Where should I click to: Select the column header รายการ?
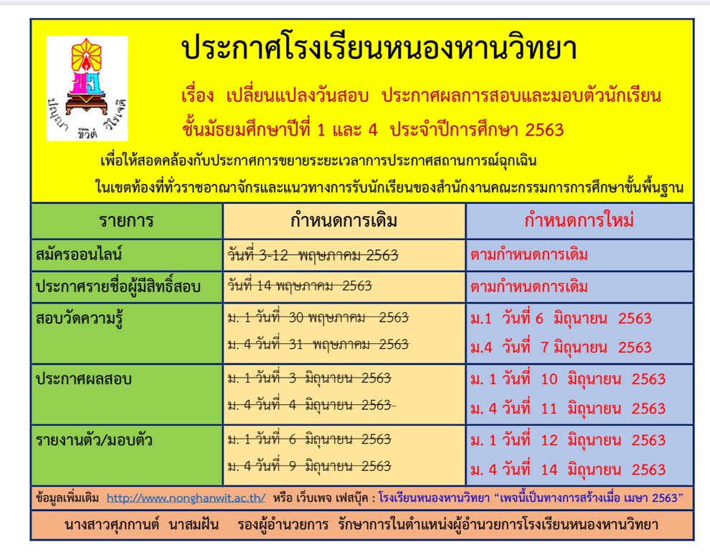click(x=126, y=220)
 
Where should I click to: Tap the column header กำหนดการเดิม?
click(x=344, y=220)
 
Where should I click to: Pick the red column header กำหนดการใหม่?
click(x=579, y=220)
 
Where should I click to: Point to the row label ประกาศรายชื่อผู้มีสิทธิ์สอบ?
click(x=118, y=286)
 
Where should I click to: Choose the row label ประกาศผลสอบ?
click(x=79, y=378)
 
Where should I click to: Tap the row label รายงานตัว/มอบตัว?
click(x=94, y=439)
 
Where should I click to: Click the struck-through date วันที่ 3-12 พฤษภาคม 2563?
click(x=313, y=255)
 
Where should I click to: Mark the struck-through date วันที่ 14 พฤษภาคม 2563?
click(x=300, y=286)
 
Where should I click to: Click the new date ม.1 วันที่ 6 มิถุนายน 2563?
click(x=561, y=318)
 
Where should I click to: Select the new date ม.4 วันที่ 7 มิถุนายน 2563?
click(x=561, y=348)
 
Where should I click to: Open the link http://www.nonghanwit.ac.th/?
click(x=186, y=497)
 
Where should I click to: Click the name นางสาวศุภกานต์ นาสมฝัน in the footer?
click(x=145, y=525)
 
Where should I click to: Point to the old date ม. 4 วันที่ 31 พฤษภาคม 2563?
click(x=318, y=344)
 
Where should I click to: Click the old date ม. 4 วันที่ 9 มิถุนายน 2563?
click(x=309, y=466)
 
